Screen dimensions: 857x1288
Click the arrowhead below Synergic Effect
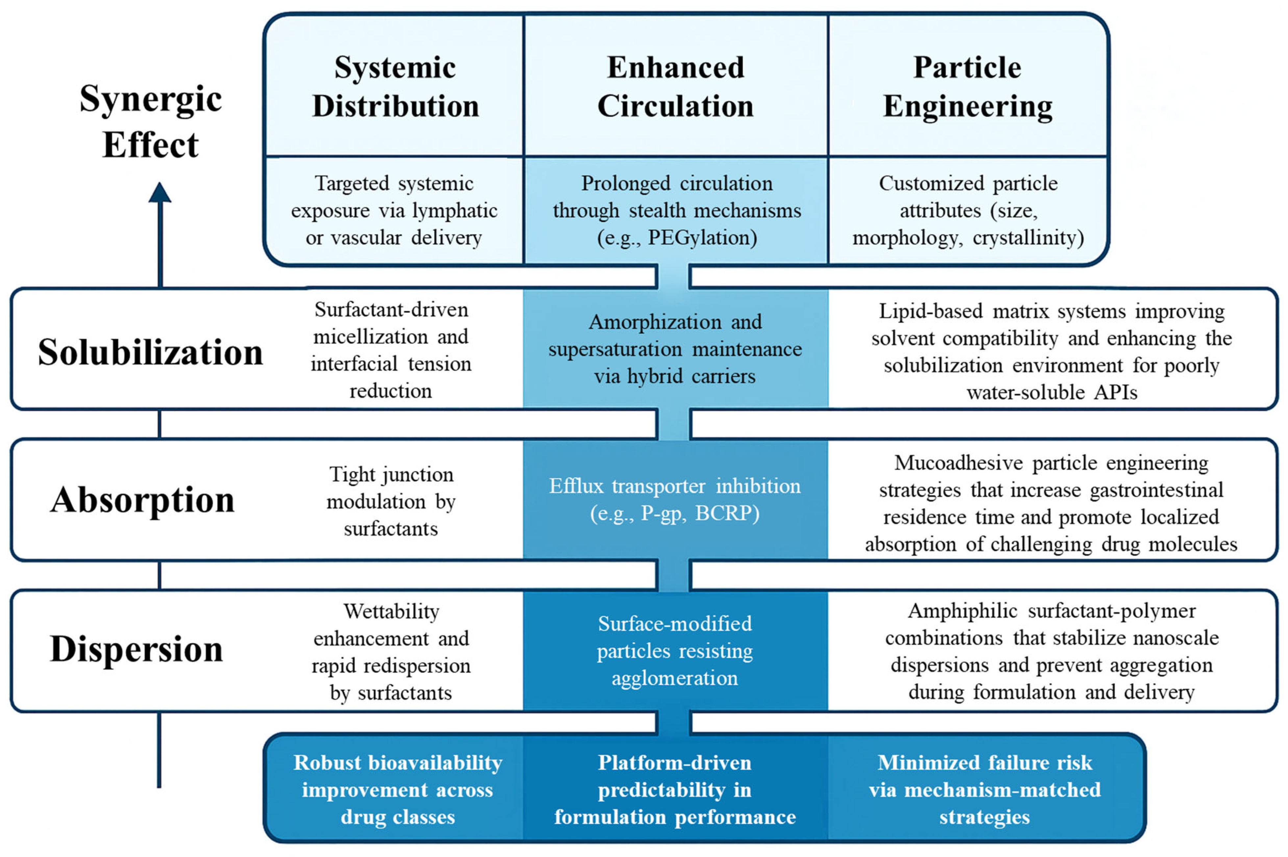[160, 192]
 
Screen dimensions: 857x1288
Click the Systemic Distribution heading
[395, 86]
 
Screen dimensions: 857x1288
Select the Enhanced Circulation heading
[676, 86]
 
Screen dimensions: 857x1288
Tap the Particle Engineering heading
[967, 86]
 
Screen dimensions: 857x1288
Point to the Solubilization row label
[150, 351]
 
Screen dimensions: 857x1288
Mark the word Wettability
[391, 611]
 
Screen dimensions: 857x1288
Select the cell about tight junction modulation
[391, 501]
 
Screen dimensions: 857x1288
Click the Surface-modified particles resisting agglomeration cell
[675, 650]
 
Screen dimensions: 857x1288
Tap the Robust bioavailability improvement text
[398, 789]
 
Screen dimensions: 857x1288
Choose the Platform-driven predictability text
[675, 789]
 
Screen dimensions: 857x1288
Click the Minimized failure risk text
[984, 789]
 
